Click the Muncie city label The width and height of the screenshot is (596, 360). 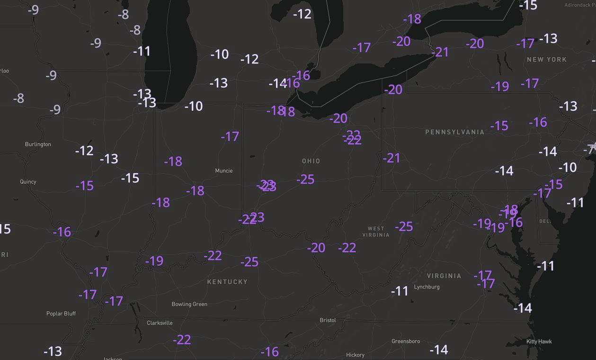224,171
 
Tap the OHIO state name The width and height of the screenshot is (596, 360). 311,161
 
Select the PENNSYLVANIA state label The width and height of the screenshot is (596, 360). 454,132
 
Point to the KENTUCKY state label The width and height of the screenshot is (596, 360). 227,282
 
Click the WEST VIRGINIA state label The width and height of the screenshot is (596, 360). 376,232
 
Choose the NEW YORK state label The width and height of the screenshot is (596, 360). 547,60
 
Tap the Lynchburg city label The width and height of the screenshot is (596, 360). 427,287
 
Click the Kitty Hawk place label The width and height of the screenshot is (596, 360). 539,342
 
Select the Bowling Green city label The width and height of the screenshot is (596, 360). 189,304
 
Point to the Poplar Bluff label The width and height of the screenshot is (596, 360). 61,314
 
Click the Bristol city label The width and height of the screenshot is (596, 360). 328,320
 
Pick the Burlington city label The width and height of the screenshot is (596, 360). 38,144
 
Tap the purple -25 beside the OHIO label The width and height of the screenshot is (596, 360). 305,180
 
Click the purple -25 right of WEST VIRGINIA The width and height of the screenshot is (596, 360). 404,226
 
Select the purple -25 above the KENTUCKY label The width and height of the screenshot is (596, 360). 249,261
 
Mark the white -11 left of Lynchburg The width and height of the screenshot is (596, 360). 400,291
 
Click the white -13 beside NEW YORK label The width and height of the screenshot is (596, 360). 548,38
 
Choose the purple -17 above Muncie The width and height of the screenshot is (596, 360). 230,137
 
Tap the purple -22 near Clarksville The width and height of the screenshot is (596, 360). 182,340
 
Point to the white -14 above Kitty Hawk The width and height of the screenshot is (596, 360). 523,308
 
